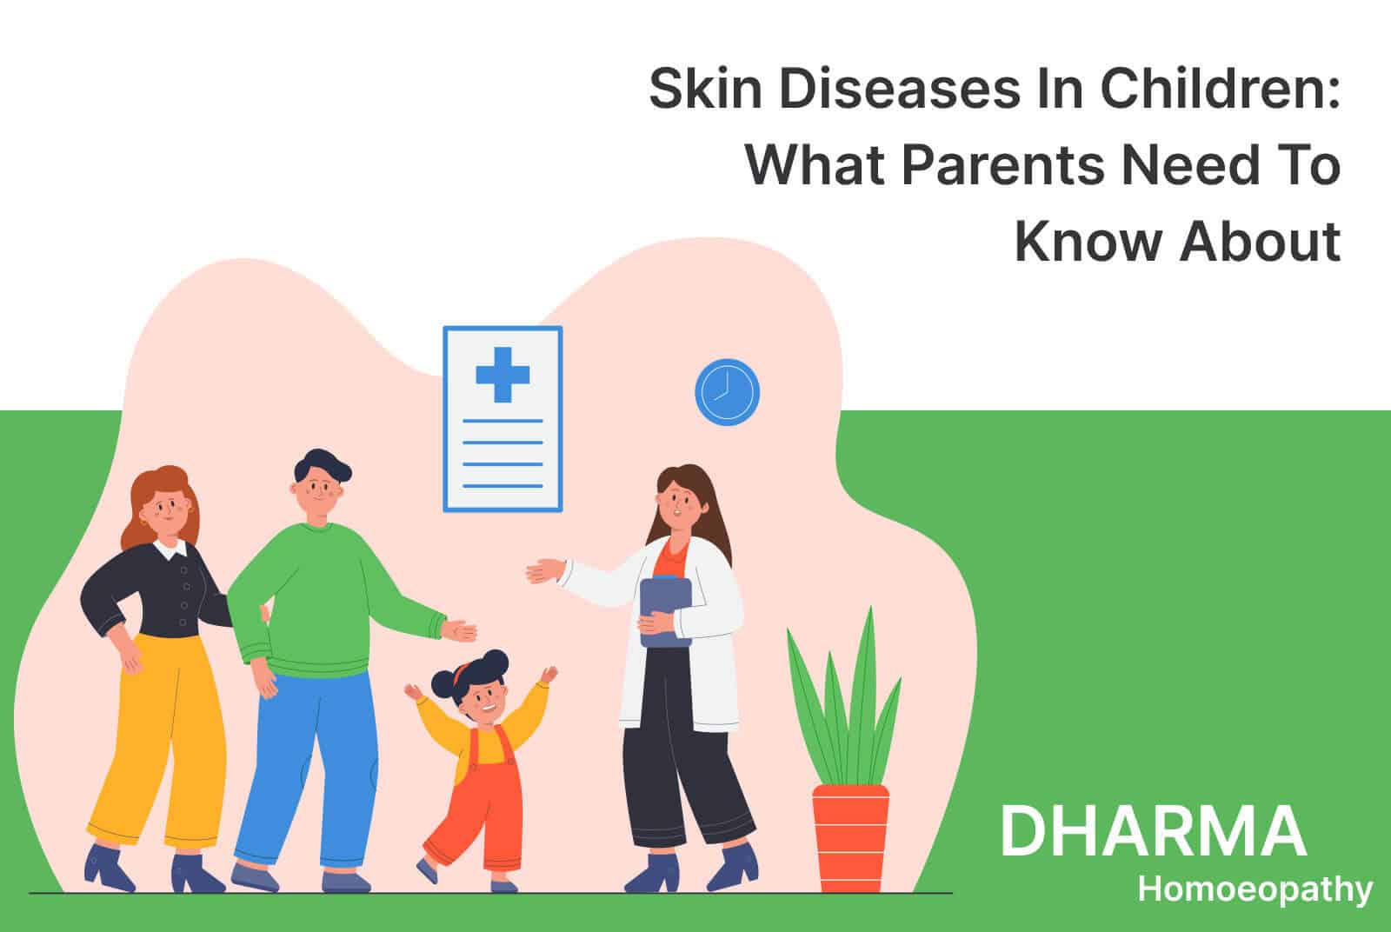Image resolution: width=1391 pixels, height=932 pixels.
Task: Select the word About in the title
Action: point(1260,242)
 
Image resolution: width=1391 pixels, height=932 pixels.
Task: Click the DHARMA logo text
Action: point(1154,831)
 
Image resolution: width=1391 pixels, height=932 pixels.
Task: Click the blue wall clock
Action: point(727,392)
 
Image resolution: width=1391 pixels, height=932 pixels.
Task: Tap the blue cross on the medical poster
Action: point(502,375)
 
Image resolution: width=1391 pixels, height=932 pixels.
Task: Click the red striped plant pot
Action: point(850,838)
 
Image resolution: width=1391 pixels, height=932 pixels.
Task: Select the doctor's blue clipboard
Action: point(665,611)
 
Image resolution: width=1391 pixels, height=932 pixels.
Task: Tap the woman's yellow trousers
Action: point(158,739)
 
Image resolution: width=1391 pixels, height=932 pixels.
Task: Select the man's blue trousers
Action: point(308,770)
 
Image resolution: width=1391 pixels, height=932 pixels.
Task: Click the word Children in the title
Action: point(1221,89)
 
